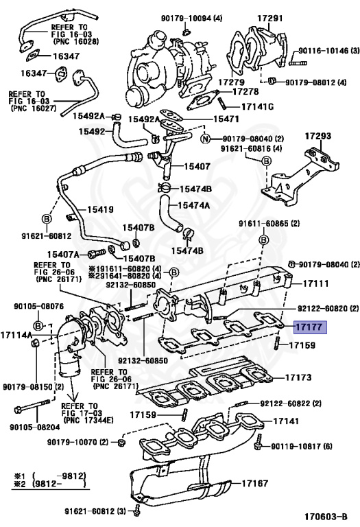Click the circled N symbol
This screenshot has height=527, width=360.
pos(204,139)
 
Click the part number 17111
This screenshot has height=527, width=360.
pos(316,283)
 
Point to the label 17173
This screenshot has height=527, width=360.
pos(298,377)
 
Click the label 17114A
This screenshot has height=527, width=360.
pos(16,335)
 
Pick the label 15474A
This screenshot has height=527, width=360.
pos(194,204)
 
